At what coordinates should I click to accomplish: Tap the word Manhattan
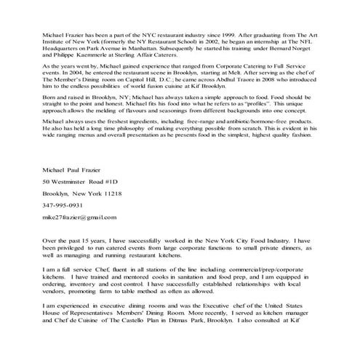pos(155,50)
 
